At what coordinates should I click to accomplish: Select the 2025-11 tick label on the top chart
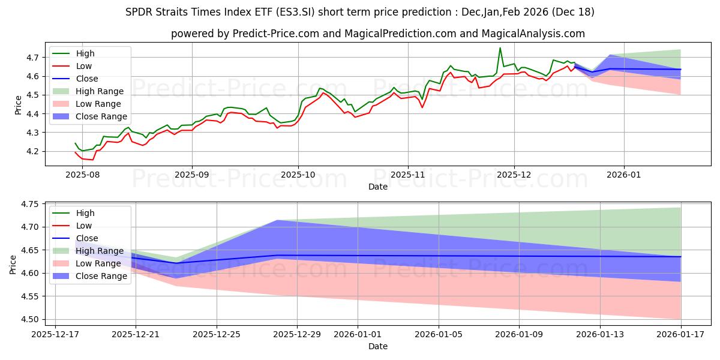pyautogui.click(x=408, y=175)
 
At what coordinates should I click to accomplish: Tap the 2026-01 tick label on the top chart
pyautogui.click(x=624, y=175)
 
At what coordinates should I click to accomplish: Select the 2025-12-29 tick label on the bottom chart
pyautogui.click(x=298, y=334)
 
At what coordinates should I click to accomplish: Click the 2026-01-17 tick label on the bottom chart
pyautogui.click(x=681, y=334)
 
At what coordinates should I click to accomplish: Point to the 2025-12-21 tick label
pyautogui.click(x=136, y=334)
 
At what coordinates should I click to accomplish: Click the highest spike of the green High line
pyautogui.click(x=500, y=48)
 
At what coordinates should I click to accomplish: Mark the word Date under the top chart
pyautogui.click(x=378, y=187)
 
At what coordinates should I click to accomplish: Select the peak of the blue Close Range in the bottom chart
pyautogui.click(x=278, y=220)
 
